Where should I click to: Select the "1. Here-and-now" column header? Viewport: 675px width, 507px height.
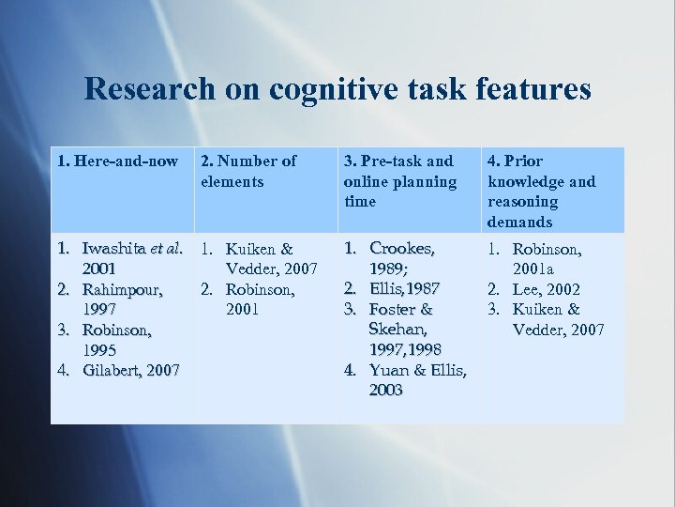117,161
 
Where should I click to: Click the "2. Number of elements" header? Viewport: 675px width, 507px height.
248,171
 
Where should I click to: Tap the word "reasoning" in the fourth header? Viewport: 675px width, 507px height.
522,202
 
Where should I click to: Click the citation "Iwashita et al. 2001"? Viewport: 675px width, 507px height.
131,259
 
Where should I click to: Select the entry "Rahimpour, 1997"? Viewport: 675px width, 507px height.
122,300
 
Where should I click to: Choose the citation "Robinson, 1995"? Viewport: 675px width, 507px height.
117,340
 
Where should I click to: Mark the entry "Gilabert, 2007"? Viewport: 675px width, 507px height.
130,370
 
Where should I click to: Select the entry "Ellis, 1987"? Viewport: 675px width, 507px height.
405,288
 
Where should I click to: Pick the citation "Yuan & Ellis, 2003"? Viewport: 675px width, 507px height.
417,379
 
